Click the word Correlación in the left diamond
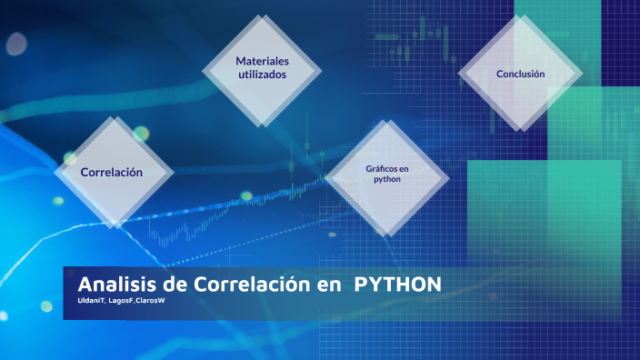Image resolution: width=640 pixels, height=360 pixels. pyautogui.click(x=111, y=172)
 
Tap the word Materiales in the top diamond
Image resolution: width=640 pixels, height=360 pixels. pyautogui.click(x=262, y=61)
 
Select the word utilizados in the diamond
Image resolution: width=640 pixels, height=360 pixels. pyautogui.click(x=262, y=75)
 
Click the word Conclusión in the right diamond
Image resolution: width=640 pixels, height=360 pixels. pyautogui.click(x=520, y=74)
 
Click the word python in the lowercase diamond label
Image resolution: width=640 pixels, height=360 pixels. pyautogui.click(x=387, y=179)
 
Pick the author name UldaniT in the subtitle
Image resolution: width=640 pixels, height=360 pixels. pyautogui.click(x=92, y=300)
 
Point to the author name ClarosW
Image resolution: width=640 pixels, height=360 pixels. pyautogui.click(x=150, y=300)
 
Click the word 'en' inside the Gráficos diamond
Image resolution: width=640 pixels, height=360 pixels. pyautogui.click(x=404, y=168)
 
